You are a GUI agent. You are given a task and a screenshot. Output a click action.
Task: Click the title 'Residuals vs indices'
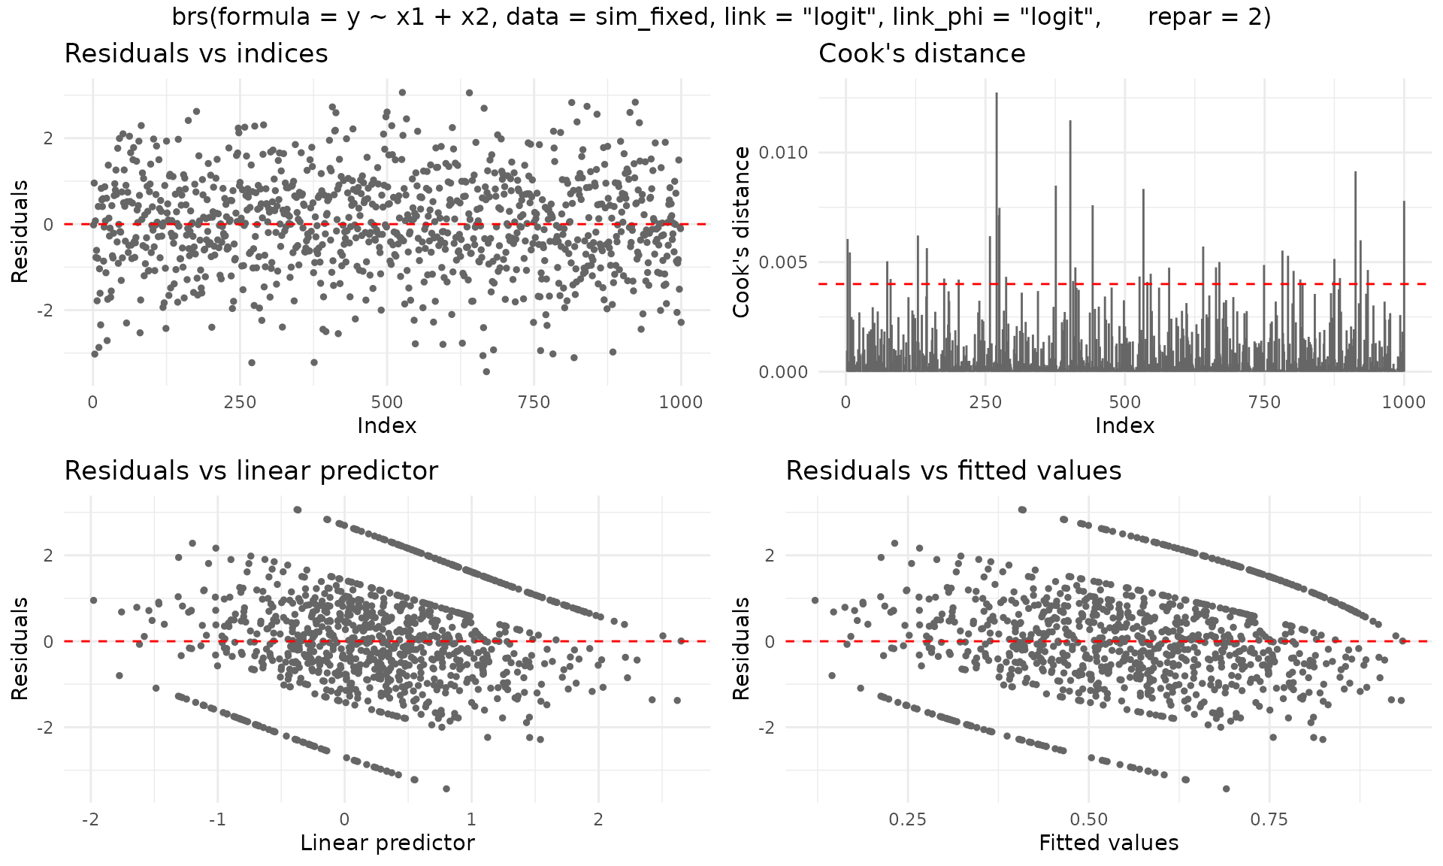point(196,53)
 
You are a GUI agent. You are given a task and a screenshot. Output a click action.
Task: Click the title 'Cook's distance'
point(921,53)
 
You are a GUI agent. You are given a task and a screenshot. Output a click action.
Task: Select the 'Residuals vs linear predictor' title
point(251,471)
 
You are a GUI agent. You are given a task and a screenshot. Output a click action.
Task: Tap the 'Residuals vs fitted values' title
point(953,471)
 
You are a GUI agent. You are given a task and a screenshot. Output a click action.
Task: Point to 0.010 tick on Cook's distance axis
point(783,153)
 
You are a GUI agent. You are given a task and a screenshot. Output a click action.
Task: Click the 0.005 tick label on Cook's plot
point(783,262)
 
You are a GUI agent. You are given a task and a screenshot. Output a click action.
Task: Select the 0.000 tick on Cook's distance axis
point(783,372)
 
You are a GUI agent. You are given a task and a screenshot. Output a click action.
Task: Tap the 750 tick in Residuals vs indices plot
point(534,402)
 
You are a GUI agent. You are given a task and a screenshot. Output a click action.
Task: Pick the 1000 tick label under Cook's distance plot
point(1403,402)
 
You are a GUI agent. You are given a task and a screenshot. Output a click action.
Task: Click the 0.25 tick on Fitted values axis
point(907,819)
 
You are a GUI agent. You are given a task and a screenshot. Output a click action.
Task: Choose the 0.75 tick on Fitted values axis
point(1269,819)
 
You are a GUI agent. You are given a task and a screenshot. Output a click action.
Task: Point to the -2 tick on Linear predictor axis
point(90,819)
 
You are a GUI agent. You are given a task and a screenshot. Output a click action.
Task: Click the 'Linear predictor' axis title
point(387,843)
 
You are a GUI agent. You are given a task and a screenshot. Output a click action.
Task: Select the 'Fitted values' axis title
point(1109,843)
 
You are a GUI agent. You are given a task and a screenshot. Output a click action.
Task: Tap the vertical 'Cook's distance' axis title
point(742,232)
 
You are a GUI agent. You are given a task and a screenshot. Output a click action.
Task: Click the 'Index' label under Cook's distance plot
point(1124,426)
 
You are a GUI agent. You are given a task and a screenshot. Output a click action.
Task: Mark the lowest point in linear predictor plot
point(446,789)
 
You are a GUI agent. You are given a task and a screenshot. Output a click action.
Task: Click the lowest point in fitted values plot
point(1226,789)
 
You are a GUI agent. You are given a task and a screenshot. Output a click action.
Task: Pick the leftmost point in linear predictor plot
point(93,600)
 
